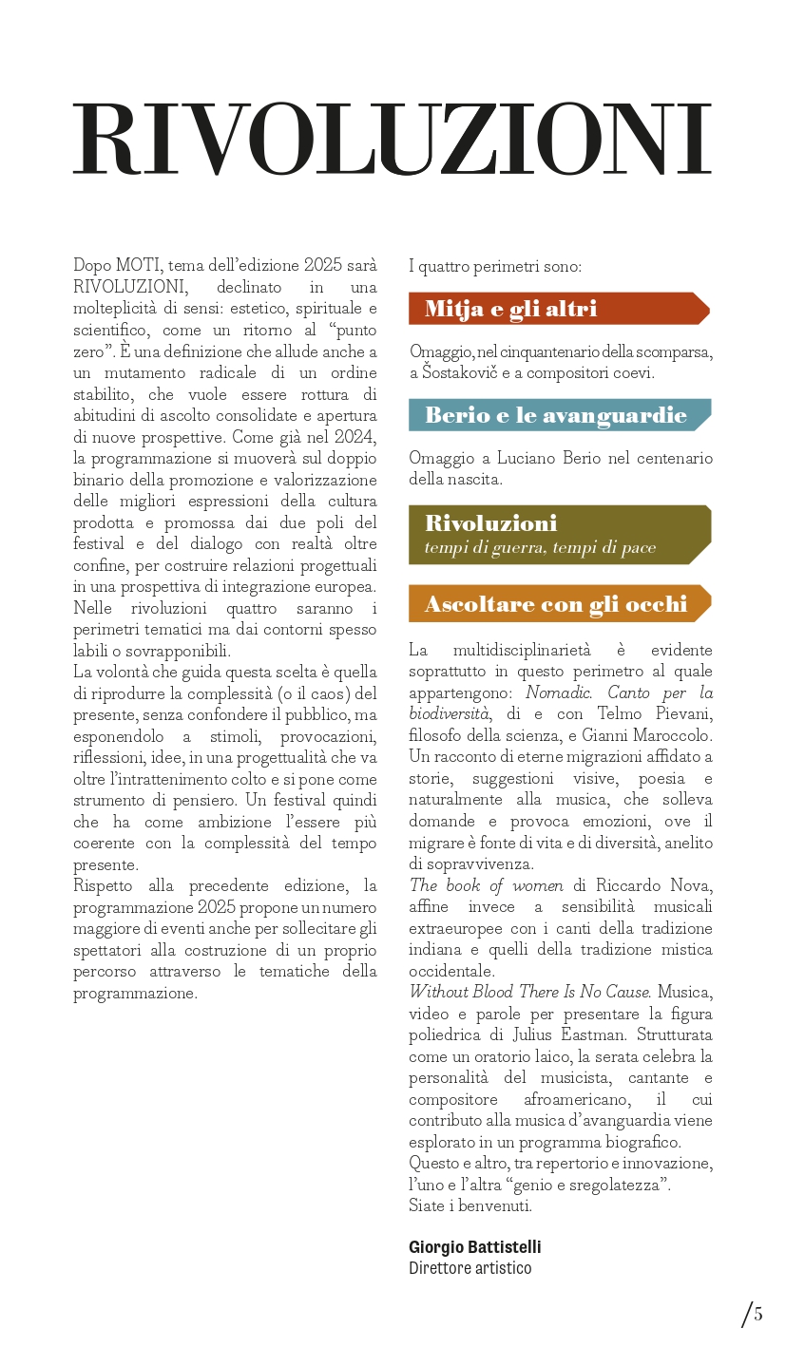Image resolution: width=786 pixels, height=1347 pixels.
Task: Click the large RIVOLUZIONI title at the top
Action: click(x=393, y=139)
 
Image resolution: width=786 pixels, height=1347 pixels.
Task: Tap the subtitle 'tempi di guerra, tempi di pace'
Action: click(x=540, y=548)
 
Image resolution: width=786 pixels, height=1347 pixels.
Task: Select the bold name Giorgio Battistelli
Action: click(x=474, y=1247)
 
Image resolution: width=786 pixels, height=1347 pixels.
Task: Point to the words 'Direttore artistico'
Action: click(x=470, y=1268)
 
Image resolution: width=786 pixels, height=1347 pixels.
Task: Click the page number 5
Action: click(x=758, y=1315)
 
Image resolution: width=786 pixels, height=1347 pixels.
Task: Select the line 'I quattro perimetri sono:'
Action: click(x=494, y=266)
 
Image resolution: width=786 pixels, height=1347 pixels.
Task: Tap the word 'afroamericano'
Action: click(x=572, y=1099)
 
